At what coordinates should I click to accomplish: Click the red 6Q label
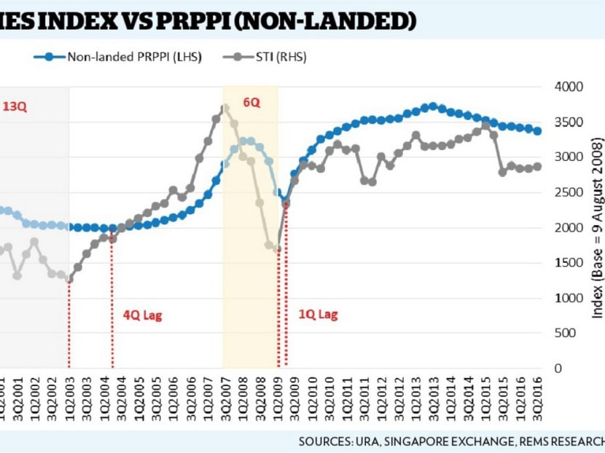251,103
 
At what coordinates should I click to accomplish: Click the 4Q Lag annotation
142,315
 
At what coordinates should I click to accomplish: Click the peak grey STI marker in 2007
225,108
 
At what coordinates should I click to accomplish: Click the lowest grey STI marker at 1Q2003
69,280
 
